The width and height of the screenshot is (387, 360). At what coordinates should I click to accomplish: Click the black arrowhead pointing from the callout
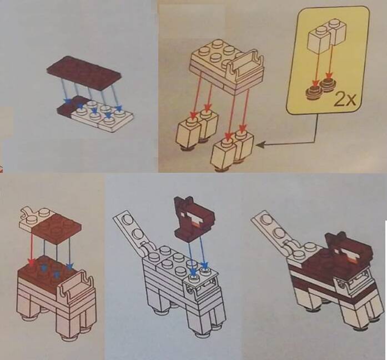pyautogui.click(x=260, y=145)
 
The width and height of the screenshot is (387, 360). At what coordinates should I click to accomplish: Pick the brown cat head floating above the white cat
pyautogui.click(x=194, y=218)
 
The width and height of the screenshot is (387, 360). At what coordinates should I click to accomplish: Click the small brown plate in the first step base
pyautogui.click(x=71, y=106)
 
